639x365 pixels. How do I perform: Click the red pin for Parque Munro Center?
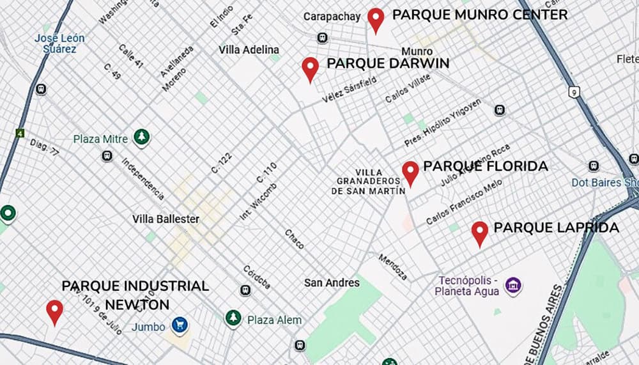click(x=376, y=20)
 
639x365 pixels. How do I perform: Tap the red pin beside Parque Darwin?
click(x=311, y=68)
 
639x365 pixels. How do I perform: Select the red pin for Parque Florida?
click(x=410, y=173)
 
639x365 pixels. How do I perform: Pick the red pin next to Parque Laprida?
click(x=480, y=233)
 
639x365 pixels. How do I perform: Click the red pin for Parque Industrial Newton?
click(x=55, y=311)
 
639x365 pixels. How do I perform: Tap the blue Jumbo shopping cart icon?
click(x=180, y=325)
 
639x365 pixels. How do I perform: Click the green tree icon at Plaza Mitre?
click(x=141, y=137)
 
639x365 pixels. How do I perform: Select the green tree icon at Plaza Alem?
click(x=233, y=318)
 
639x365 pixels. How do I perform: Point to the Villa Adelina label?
click(x=249, y=50)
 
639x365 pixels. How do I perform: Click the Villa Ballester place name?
click(x=166, y=219)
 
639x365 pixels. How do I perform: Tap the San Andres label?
click(x=332, y=283)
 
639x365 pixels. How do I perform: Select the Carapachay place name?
click(x=332, y=17)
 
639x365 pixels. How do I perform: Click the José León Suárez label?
click(x=59, y=43)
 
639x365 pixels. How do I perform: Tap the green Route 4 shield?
click(x=20, y=134)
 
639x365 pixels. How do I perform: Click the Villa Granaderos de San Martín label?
click(x=369, y=182)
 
